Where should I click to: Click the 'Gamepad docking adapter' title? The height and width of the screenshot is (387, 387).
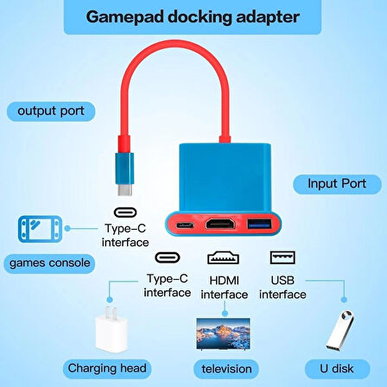click(193, 17)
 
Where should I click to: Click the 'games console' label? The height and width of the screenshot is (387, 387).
click(49, 262)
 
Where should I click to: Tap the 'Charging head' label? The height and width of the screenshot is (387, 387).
click(120, 369)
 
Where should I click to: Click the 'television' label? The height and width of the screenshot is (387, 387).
click(226, 369)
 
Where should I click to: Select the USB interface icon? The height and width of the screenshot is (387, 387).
click(279, 257)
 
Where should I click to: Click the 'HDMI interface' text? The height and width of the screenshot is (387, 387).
click(224, 287)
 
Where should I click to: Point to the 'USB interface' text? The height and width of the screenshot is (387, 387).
click(282, 287)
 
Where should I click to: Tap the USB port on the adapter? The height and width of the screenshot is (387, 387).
click(259, 225)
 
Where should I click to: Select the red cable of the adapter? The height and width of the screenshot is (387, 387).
click(164, 73)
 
